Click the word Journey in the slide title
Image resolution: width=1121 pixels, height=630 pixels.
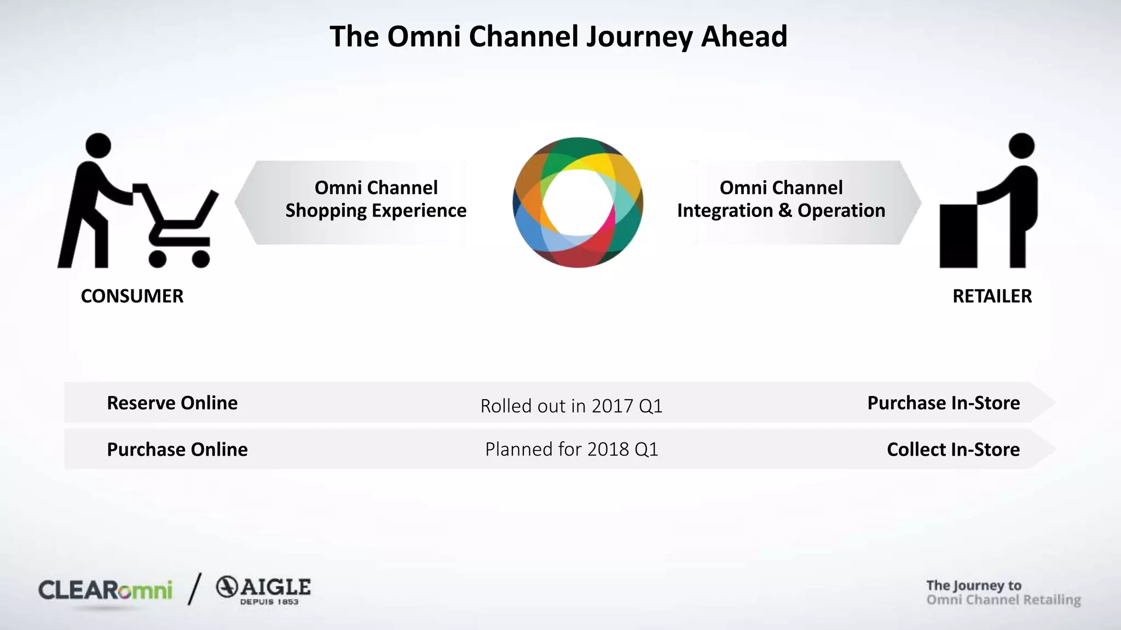tap(639, 37)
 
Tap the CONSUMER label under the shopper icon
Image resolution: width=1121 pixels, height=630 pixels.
tap(132, 296)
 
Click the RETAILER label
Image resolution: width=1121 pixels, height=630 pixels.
tap(992, 296)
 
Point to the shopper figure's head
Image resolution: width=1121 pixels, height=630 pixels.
tap(99, 145)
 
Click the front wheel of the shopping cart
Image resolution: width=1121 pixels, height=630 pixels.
tap(201, 259)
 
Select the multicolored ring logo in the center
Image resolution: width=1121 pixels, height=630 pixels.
tap(577, 202)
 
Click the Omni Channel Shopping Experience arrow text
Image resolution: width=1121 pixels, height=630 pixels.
tap(375, 200)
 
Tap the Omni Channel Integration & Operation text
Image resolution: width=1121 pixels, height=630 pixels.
tap(781, 200)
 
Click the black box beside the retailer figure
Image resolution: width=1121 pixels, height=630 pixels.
tap(958, 236)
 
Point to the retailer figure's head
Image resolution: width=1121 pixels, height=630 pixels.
tap(1021, 145)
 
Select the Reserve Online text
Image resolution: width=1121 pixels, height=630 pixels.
tap(172, 403)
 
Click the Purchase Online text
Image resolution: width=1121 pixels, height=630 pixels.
tap(177, 450)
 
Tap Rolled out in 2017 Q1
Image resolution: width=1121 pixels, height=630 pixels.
tap(571, 406)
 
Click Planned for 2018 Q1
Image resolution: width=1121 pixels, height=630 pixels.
tap(571, 450)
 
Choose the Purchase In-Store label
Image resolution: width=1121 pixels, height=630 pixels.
tap(943, 403)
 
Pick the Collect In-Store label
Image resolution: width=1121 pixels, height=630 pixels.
tap(953, 450)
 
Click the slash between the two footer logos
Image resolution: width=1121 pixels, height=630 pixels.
tap(194, 589)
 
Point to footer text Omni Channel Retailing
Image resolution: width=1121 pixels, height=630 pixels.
tap(1003, 600)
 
